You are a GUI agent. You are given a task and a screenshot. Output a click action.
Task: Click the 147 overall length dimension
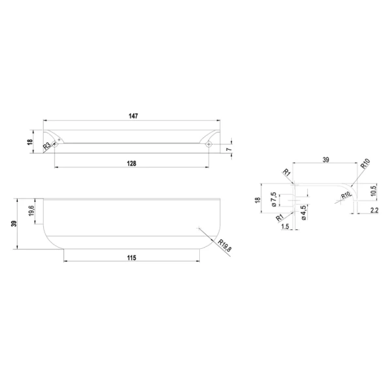(x=133, y=116)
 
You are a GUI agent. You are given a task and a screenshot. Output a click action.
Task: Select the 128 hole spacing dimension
(x=131, y=163)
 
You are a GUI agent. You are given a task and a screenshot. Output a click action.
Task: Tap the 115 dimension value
(x=131, y=257)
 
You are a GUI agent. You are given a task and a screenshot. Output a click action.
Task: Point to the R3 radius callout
(x=47, y=146)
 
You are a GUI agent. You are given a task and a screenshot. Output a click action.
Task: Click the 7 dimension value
(x=229, y=149)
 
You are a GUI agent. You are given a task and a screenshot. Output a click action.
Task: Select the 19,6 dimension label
(x=31, y=211)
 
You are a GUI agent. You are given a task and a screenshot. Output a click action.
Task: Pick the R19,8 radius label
(x=225, y=245)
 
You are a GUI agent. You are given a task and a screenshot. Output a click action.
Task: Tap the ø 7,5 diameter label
(x=274, y=199)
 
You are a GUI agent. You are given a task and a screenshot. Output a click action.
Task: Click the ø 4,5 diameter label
(x=304, y=212)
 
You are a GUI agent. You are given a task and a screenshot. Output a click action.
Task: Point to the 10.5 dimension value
(x=373, y=191)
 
